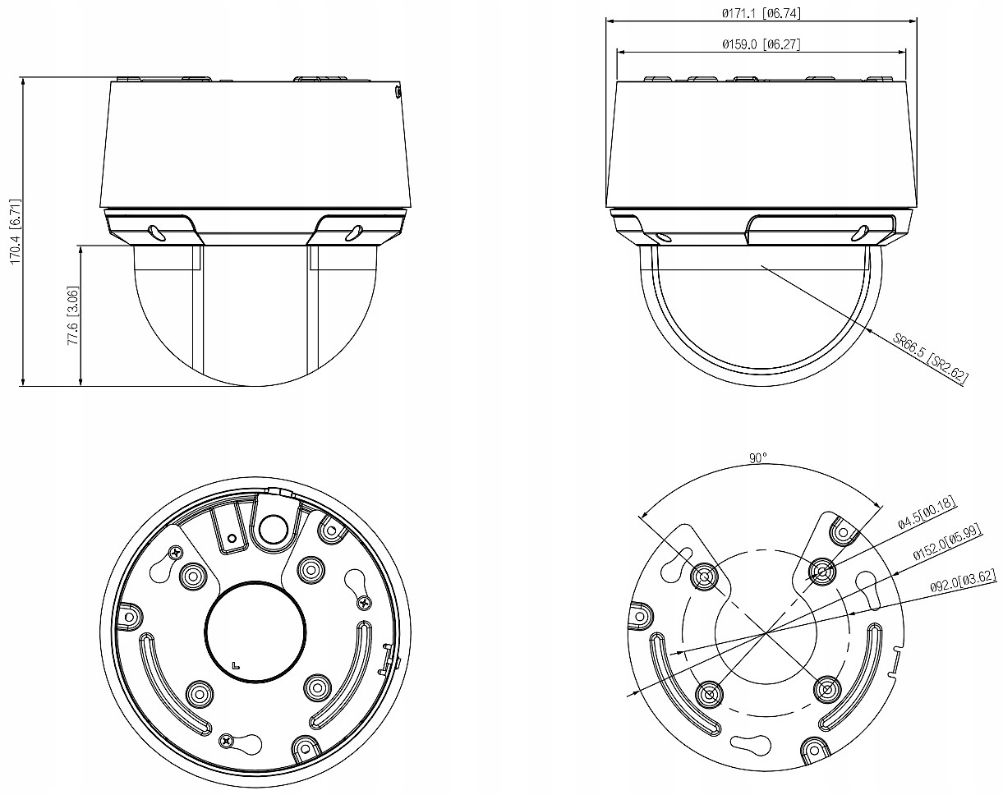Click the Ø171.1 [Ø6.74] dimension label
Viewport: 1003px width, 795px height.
(761, 13)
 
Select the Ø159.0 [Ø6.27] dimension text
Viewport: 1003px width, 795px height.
(761, 44)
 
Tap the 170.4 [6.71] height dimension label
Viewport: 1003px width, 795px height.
(16, 232)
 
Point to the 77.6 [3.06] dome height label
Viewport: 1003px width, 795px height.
(73, 315)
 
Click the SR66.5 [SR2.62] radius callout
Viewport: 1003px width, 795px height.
(930, 357)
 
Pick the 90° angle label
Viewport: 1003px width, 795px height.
(758, 458)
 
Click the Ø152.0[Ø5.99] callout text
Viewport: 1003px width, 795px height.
(947, 542)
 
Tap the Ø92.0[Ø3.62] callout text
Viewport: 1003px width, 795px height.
(964, 581)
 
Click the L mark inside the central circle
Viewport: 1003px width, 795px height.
(236, 665)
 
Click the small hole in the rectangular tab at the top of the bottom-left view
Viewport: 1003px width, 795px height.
(231, 539)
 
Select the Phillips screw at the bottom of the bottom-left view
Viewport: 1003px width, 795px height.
(227, 739)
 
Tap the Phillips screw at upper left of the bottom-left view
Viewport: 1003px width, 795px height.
(176, 553)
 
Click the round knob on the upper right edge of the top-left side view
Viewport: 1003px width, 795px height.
(397, 92)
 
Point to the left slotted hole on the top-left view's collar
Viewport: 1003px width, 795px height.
(156, 232)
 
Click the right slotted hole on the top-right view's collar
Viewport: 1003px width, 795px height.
(860, 233)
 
